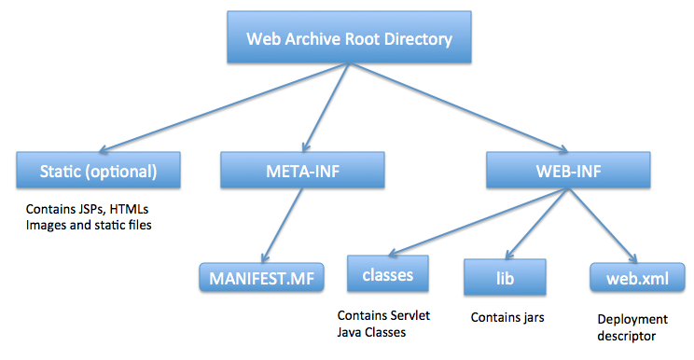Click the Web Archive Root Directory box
pos(348,40)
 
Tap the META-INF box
pos(301,172)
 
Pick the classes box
pos(387,276)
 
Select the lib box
pos(504,277)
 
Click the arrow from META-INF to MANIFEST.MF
pos(280,224)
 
